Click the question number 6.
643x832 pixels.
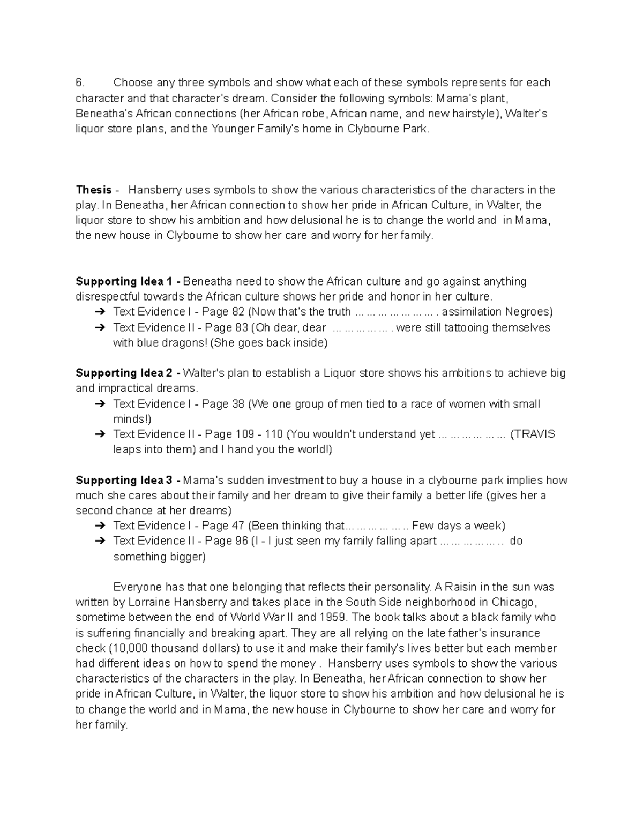[x=79, y=83]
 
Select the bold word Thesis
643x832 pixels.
[x=94, y=190]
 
